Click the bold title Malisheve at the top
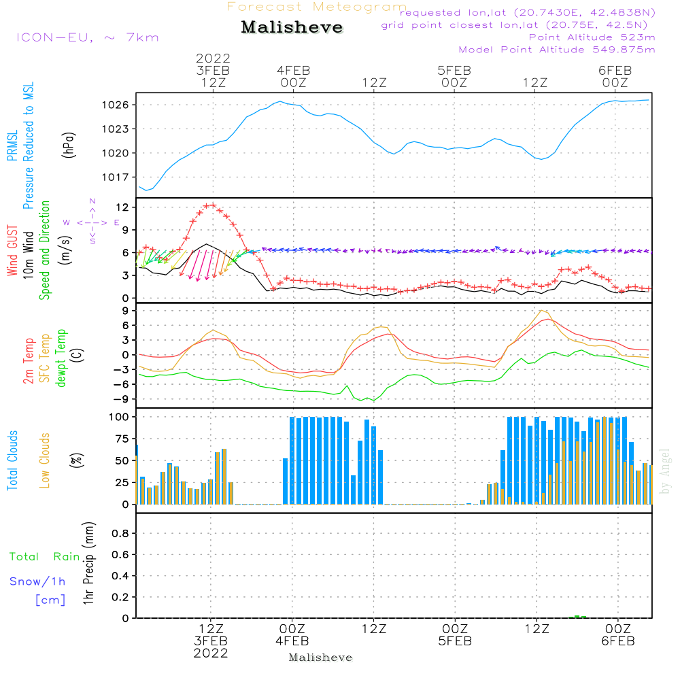click(x=292, y=27)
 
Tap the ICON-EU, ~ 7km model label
click(x=88, y=37)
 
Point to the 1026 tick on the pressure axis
click(x=116, y=105)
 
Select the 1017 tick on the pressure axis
click(x=116, y=177)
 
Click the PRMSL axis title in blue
click(x=12, y=146)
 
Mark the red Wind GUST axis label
click(x=12, y=250)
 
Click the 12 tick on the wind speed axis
click(x=122, y=207)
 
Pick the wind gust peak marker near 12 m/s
click(x=212, y=205)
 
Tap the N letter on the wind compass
click(x=92, y=201)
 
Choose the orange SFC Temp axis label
click(x=45, y=358)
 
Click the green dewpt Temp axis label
click(x=61, y=358)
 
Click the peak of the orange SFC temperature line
click(x=541, y=311)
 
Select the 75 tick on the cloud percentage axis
click(x=122, y=439)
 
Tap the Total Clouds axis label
click(x=12, y=460)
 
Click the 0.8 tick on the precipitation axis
click(x=120, y=533)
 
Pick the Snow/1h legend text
click(x=37, y=581)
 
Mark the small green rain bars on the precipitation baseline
click(x=577, y=616)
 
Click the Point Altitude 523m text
click(x=592, y=37)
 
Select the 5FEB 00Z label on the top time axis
click(x=454, y=76)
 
